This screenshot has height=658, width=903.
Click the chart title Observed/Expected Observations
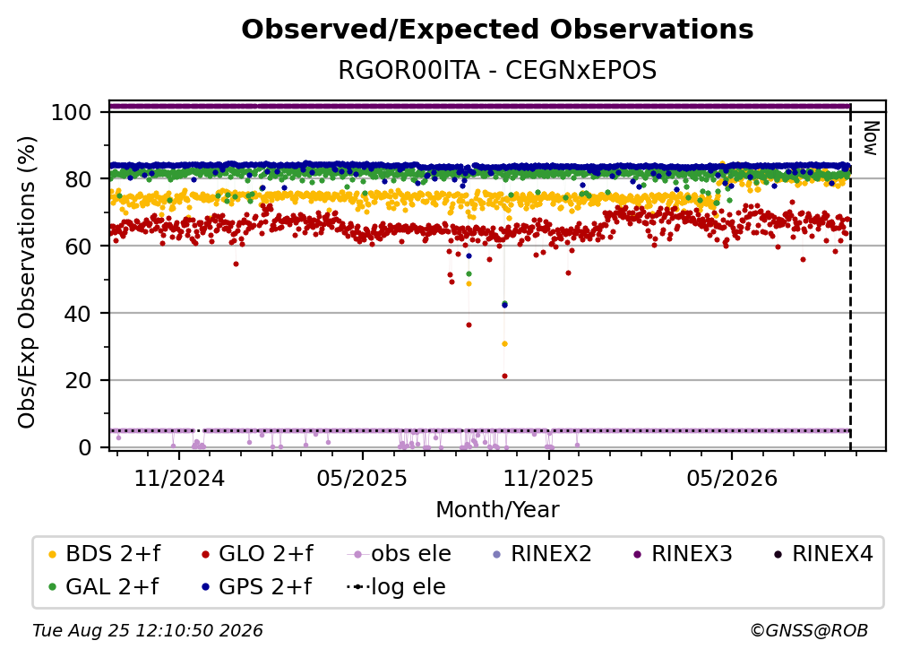[497, 30]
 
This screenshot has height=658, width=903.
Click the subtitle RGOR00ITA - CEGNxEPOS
[497, 71]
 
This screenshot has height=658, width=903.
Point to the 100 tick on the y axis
[71, 112]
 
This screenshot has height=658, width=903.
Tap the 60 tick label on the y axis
[78, 246]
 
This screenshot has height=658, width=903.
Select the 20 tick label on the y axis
[78, 380]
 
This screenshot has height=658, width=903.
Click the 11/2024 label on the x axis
[179, 478]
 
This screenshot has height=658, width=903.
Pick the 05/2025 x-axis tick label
[362, 478]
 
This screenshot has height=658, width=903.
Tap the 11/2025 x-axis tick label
[548, 478]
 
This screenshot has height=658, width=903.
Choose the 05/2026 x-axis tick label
[732, 478]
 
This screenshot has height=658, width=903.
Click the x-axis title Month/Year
[497, 509]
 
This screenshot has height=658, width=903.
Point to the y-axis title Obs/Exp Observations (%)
[27, 282]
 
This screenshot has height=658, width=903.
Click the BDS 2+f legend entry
[104, 554]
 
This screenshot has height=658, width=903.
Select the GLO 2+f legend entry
[257, 554]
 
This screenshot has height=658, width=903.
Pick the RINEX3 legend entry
[683, 554]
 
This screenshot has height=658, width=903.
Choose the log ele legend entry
[396, 586]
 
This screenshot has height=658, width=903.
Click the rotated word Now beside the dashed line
[871, 138]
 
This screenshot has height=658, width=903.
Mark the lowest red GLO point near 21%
[505, 377]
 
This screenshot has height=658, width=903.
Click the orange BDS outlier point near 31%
[505, 344]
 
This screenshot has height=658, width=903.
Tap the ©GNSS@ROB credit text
[809, 630]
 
